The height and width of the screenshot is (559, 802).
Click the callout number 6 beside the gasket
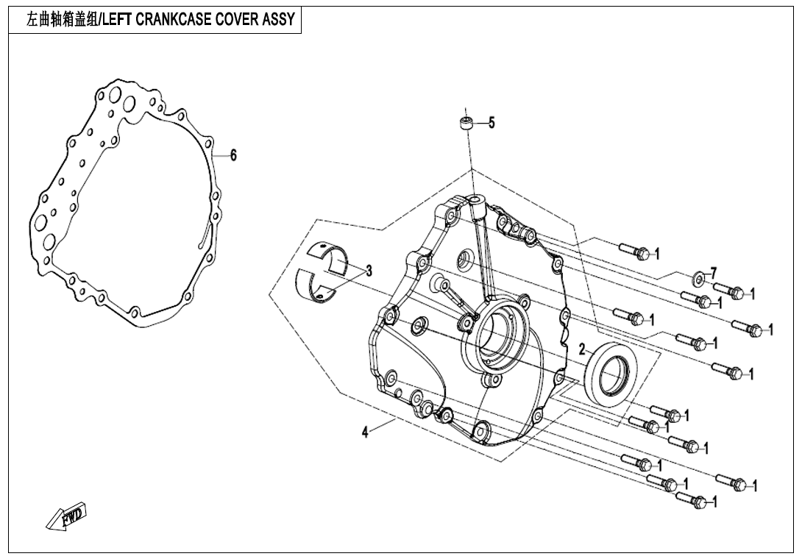click(233, 154)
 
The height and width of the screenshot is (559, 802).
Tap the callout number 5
click(492, 123)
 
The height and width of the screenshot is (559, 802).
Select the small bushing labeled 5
click(465, 124)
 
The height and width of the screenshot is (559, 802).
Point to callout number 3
click(369, 271)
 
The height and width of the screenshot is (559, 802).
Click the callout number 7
click(713, 274)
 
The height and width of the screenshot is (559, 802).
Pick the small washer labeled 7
click(696, 278)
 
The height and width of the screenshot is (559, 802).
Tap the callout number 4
click(364, 432)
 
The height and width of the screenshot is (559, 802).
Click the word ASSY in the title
click(279, 20)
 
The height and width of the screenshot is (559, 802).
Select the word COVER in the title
click(236, 20)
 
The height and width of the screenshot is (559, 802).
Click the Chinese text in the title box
click(61, 20)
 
